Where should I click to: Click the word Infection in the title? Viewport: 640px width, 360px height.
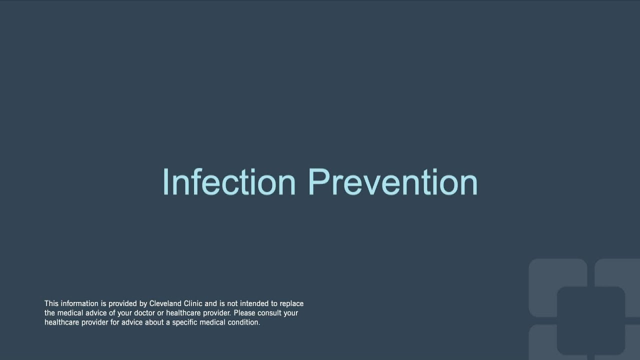click(x=229, y=182)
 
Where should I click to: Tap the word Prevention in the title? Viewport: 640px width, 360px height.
click(x=393, y=182)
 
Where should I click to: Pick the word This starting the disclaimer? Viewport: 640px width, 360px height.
click(x=51, y=303)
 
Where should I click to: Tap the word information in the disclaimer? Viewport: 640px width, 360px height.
click(x=79, y=303)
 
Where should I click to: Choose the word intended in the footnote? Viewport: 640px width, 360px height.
click(x=254, y=303)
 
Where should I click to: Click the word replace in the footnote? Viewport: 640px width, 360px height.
click(x=291, y=303)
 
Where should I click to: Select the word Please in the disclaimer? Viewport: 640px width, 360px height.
click(x=245, y=313)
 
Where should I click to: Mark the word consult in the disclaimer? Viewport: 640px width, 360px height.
click(x=270, y=313)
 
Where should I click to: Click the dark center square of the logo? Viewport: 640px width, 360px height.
click(x=590, y=320)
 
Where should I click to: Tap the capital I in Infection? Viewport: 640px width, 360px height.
click(x=165, y=182)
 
